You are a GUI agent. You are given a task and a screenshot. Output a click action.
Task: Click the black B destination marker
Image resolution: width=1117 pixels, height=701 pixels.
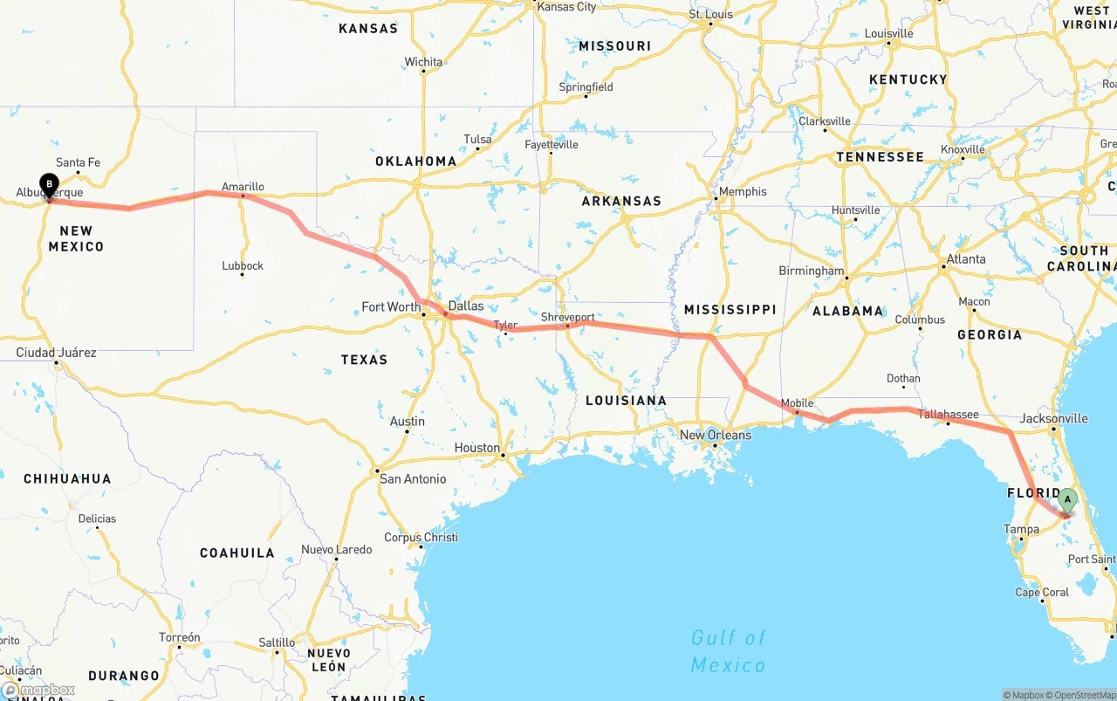pyautogui.click(x=50, y=185)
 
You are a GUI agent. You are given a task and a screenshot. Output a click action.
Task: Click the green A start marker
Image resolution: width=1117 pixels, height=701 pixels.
pyautogui.click(x=1067, y=499)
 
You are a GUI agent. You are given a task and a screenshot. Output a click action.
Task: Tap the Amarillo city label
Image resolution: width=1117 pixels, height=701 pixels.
pyautogui.click(x=243, y=186)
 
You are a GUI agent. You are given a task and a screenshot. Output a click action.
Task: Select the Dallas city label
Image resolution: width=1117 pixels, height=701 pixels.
pyautogui.click(x=465, y=306)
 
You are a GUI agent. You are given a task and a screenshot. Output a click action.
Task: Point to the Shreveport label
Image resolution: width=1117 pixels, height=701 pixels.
pyautogui.click(x=567, y=317)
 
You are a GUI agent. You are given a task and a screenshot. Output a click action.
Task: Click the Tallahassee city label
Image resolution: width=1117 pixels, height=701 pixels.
pyautogui.click(x=948, y=415)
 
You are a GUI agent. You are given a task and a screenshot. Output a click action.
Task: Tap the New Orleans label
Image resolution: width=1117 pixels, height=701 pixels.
pyautogui.click(x=715, y=435)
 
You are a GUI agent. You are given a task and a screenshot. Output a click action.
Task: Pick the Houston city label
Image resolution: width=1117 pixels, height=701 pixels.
pyautogui.click(x=476, y=448)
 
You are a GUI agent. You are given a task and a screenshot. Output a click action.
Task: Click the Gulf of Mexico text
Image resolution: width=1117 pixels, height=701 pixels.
pyautogui.click(x=728, y=651)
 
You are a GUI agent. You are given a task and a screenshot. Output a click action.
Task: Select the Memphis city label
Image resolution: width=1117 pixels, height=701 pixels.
pyautogui.click(x=742, y=191)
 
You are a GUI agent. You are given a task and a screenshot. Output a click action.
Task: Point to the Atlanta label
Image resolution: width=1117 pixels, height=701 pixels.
pyautogui.click(x=966, y=258)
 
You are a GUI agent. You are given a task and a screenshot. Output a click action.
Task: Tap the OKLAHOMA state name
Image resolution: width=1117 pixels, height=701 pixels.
pyautogui.click(x=415, y=161)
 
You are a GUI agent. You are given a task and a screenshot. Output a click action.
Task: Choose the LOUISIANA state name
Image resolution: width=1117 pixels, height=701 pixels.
pyautogui.click(x=626, y=400)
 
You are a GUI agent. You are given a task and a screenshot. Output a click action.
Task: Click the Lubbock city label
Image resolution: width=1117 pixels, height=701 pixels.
pyautogui.click(x=243, y=265)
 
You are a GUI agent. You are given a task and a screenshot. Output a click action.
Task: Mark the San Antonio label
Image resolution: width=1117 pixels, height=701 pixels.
pyautogui.click(x=413, y=478)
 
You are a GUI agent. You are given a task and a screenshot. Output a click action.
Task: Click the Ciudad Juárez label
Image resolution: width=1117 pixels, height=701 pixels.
pyautogui.click(x=56, y=353)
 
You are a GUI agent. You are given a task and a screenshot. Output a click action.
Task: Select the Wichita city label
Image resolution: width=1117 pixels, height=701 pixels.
pyautogui.click(x=423, y=62)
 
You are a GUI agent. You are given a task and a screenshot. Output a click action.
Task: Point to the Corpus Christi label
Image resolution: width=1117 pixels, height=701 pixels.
pyautogui.click(x=421, y=537)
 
